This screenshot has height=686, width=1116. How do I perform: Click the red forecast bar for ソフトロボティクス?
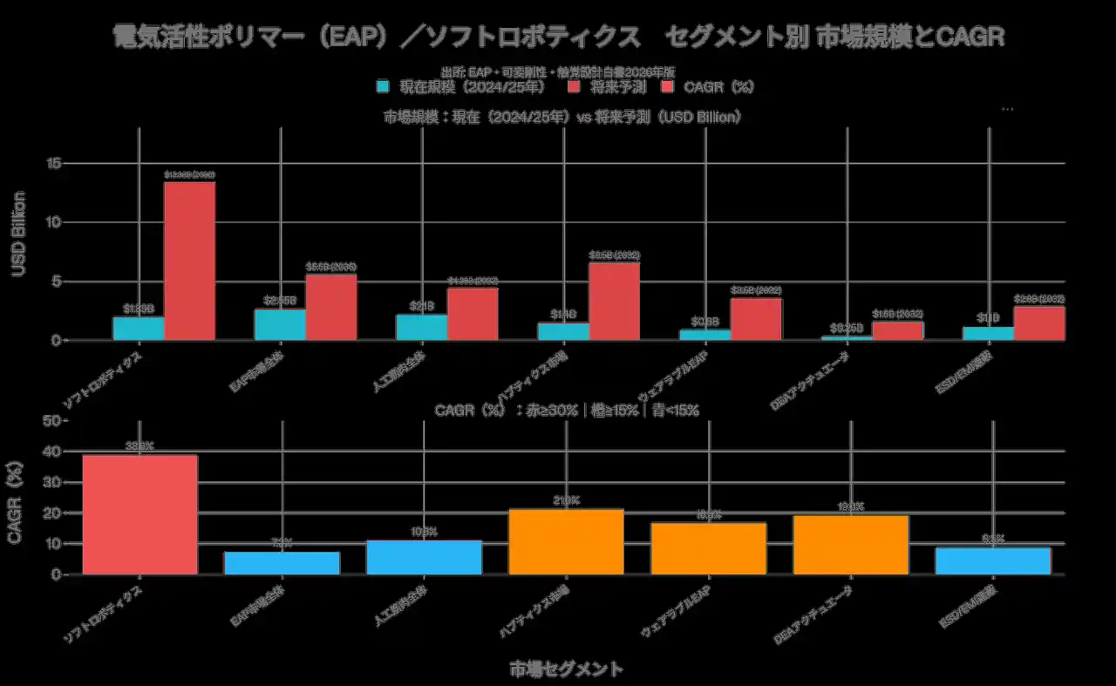(189, 261)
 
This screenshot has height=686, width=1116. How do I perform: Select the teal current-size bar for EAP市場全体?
(281, 324)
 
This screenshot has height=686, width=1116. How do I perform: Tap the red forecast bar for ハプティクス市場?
(614, 301)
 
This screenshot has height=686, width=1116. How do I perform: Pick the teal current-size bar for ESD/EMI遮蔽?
(988, 333)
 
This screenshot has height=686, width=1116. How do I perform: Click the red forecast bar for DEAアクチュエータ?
(898, 330)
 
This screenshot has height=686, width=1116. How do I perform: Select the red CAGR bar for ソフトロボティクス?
(139, 514)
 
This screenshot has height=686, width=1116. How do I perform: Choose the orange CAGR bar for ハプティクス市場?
(566, 541)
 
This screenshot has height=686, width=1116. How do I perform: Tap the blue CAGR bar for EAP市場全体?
(282, 563)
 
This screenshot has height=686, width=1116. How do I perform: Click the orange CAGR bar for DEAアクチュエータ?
(850, 545)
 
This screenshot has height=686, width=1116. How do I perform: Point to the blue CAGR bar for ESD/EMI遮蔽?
(992, 560)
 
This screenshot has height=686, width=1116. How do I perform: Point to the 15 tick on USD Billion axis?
(54, 163)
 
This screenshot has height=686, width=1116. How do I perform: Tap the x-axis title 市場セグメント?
(566, 669)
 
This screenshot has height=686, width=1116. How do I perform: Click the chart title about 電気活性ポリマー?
(558, 37)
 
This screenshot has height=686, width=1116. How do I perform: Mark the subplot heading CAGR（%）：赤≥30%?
(566, 411)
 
